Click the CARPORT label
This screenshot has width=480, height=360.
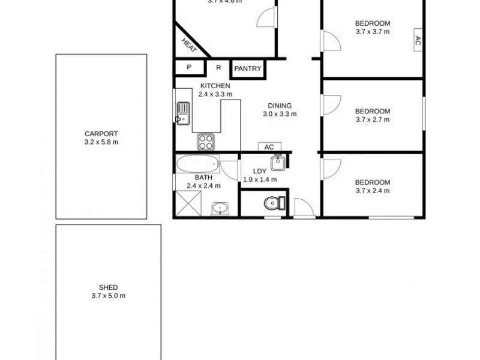101,134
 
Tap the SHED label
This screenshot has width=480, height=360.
109,287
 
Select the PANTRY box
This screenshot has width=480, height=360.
248,68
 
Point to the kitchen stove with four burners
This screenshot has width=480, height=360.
206,142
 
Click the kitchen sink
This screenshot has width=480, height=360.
183,112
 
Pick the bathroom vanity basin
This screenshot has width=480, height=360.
220,208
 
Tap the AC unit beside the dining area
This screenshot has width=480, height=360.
269,147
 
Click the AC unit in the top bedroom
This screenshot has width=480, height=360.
418,41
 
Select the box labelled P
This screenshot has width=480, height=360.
189,68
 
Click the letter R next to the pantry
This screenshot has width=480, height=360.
218,68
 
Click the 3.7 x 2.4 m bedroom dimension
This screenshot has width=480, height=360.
372,191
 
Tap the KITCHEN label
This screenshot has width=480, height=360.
215,86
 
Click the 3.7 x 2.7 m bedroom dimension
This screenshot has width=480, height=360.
372,119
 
